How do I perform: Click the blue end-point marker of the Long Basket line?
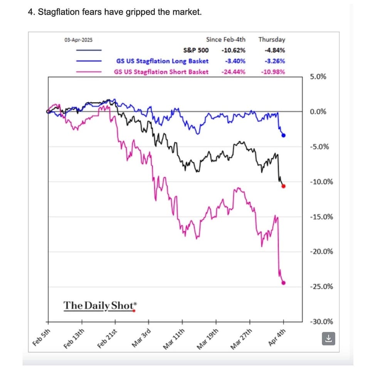click(284, 135)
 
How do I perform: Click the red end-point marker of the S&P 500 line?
click(284, 186)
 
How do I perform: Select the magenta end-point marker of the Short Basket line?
click(284, 283)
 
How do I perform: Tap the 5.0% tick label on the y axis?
click(318, 77)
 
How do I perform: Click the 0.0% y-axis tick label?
click(318, 112)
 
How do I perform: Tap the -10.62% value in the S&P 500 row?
click(234, 50)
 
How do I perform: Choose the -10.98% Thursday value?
click(273, 72)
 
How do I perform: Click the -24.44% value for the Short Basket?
click(234, 72)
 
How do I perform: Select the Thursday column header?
click(272, 39)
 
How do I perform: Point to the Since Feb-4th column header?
click(225, 39)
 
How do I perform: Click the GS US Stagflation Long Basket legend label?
click(162, 61)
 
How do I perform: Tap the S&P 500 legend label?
click(196, 50)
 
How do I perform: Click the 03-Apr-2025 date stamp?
click(78, 40)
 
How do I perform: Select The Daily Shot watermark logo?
click(99, 305)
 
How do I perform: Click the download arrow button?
click(328, 339)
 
